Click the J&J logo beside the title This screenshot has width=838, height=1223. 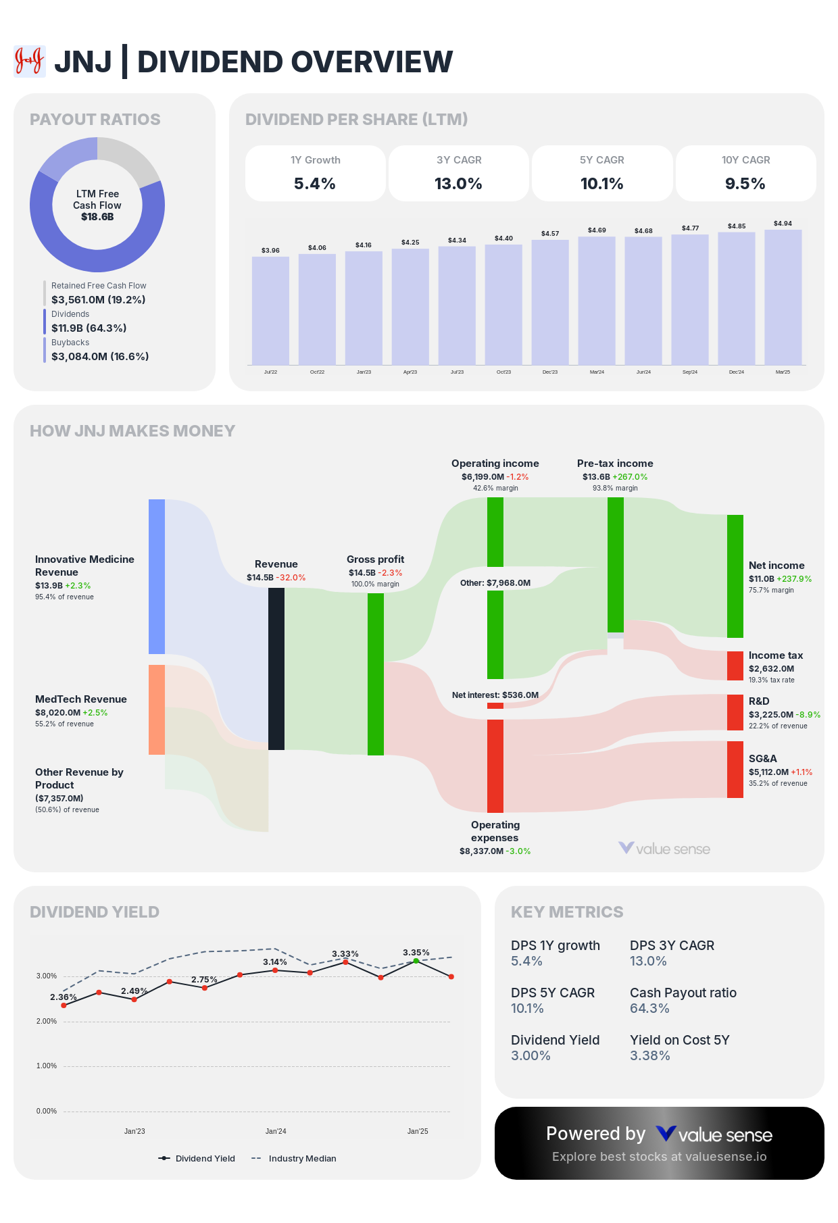pos(30,61)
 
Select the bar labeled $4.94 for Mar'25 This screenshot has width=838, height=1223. pos(783,297)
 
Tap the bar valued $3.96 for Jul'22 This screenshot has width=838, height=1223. pos(270,311)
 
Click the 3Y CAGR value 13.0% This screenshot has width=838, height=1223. pos(458,184)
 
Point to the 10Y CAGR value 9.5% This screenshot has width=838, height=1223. pos(745,184)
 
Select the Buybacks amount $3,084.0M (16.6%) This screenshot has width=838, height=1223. pos(100,356)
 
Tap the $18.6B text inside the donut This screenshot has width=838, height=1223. pos(97,217)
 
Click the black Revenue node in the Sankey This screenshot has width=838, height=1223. pos(276,669)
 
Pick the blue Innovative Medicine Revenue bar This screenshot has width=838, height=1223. pos(157,576)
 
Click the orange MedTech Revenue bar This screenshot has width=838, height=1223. pos(157,709)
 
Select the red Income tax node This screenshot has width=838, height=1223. pos(735,666)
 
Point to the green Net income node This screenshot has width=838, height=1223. pos(735,576)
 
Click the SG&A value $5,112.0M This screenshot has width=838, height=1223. pos(768,772)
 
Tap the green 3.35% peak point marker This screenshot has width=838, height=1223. pos(416,961)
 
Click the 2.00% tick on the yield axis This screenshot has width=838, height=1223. pos(47,1021)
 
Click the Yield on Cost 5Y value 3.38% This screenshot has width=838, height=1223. pos(649,1055)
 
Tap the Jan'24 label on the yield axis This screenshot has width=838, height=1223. pos(276,1131)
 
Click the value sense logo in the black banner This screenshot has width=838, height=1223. pos(714,1134)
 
